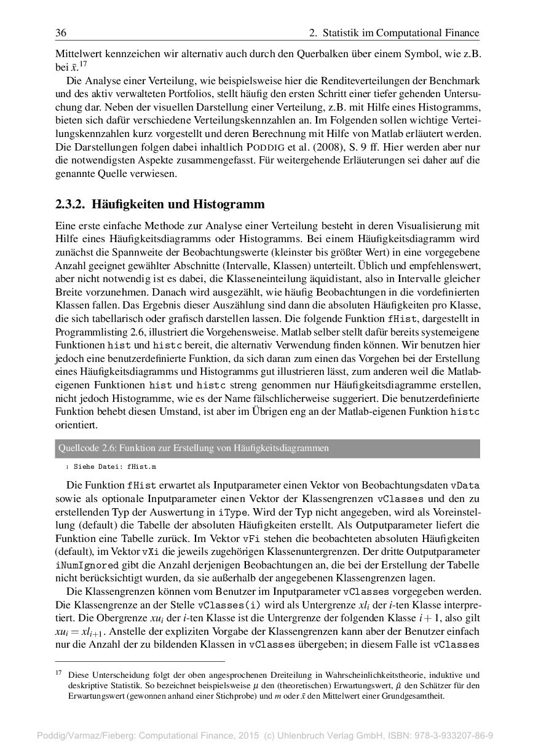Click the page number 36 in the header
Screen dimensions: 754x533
(x=61, y=33)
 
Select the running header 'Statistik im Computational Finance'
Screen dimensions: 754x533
(x=401, y=33)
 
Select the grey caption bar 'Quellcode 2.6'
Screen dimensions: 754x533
(x=267, y=448)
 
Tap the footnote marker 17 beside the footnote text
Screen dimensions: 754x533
(x=59, y=673)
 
